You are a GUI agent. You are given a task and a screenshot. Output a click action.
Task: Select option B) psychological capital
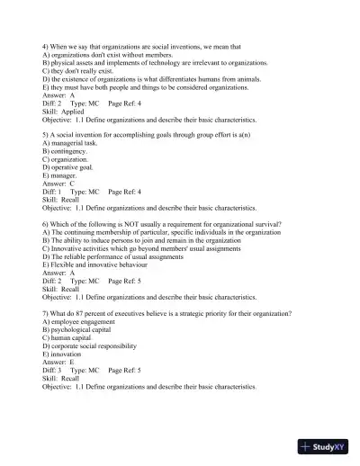coord(81,329)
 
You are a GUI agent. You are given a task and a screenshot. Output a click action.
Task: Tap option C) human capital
coord(70,337)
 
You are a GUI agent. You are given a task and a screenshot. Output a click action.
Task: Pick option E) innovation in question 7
coord(65,354)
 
